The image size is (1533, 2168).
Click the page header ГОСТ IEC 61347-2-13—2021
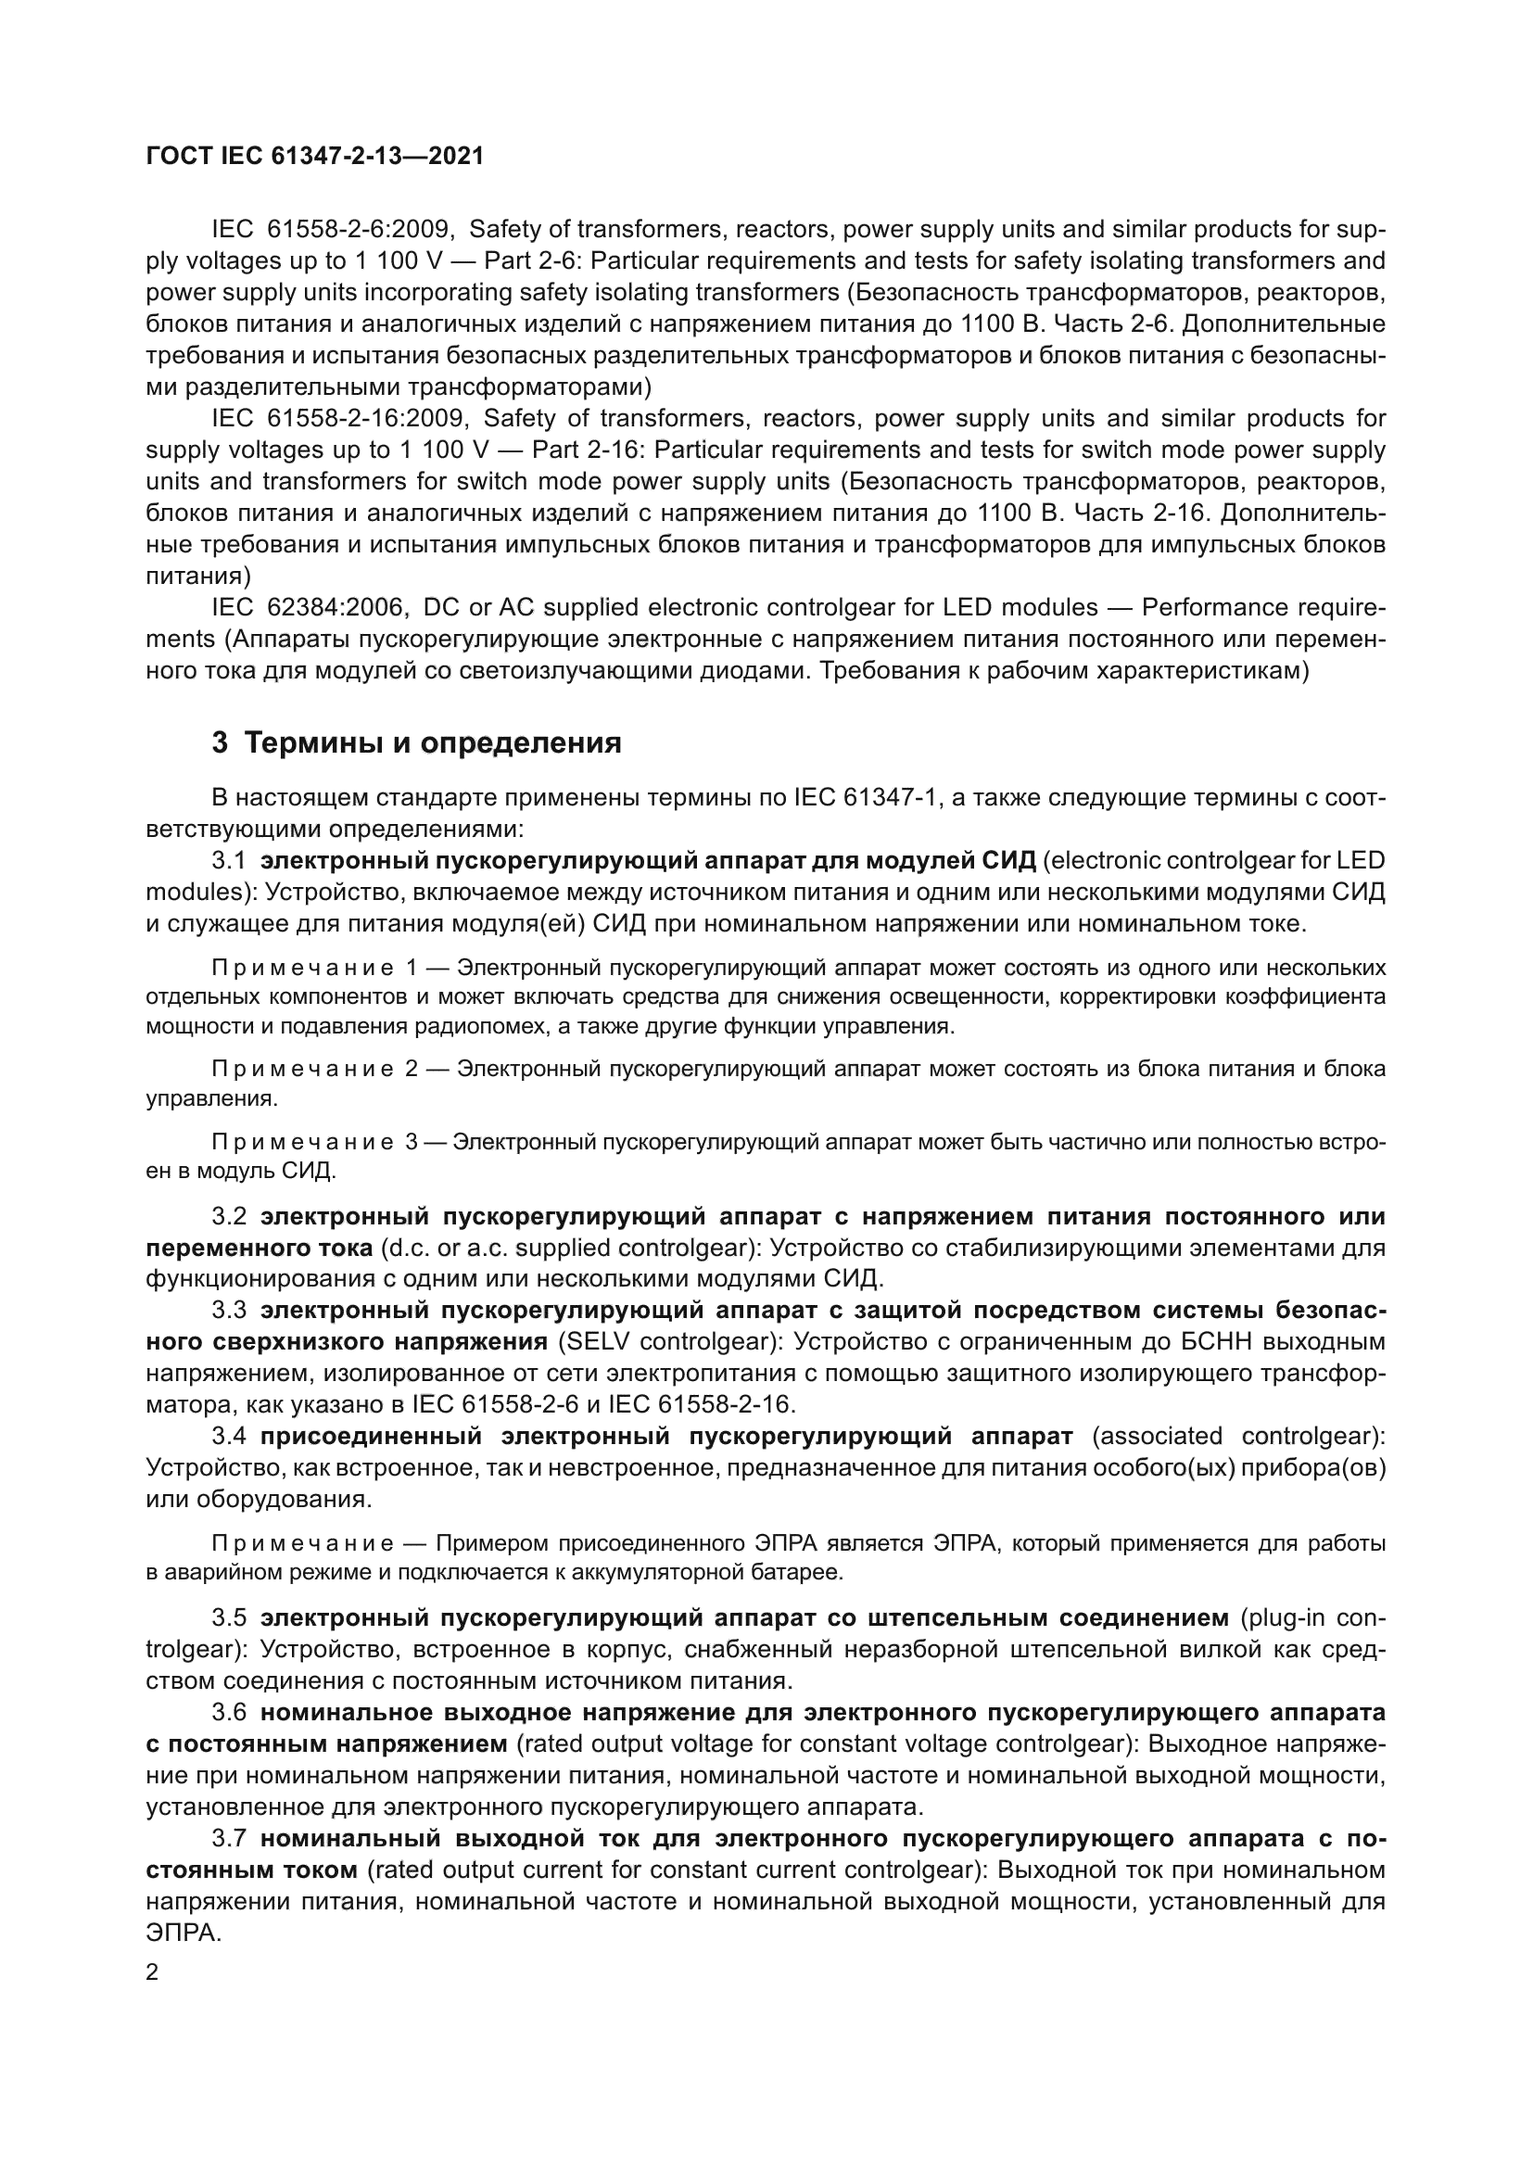point(314,156)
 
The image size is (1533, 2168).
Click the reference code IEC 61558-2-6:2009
point(334,230)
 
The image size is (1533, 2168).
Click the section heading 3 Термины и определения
point(416,743)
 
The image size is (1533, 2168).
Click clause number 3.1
point(228,860)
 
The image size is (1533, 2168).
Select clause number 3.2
point(228,1216)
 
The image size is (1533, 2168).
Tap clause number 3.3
point(228,1311)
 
